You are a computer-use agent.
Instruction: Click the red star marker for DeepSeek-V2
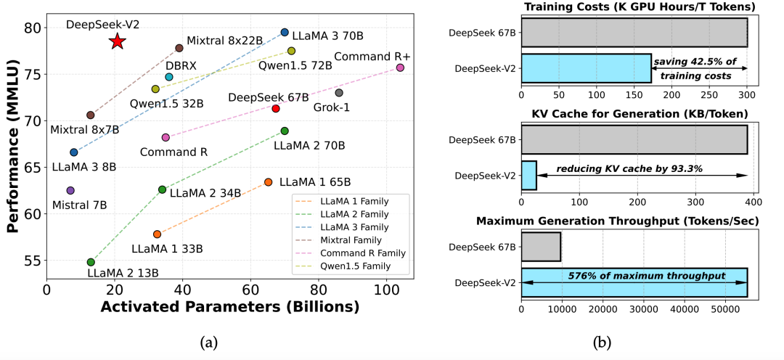coord(117,41)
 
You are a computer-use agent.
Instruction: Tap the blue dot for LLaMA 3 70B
coord(285,33)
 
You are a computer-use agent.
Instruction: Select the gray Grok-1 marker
coord(339,92)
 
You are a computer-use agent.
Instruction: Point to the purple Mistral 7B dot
coord(70,190)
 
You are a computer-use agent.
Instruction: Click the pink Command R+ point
coord(400,67)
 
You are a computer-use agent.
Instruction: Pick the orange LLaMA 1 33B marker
coord(157,234)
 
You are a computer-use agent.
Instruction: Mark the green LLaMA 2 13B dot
coord(91,262)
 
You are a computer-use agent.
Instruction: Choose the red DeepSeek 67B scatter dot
coord(276,108)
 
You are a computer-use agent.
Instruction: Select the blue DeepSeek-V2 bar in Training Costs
coord(586,68)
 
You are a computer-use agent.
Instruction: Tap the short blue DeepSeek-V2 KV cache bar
coord(528,176)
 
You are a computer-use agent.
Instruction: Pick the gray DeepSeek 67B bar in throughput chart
coord(541,247)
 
